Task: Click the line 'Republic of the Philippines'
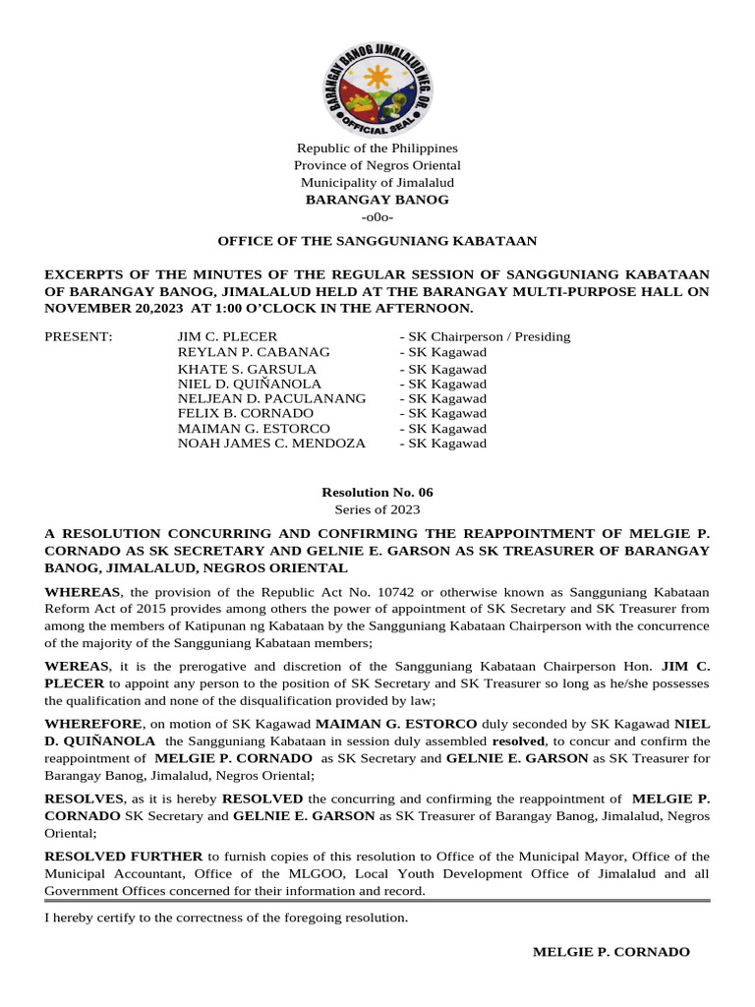377,148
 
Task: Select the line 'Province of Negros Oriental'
377,165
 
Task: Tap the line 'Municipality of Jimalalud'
377,183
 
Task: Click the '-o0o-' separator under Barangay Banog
377,216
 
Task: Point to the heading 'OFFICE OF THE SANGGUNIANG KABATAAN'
377,241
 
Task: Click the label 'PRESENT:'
80,337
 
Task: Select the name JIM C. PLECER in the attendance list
227,337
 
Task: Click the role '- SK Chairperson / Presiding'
485,337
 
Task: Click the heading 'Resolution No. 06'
377,493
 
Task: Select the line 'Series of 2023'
377,509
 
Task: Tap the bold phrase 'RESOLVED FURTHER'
124,857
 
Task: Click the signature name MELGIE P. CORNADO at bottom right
610,952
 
